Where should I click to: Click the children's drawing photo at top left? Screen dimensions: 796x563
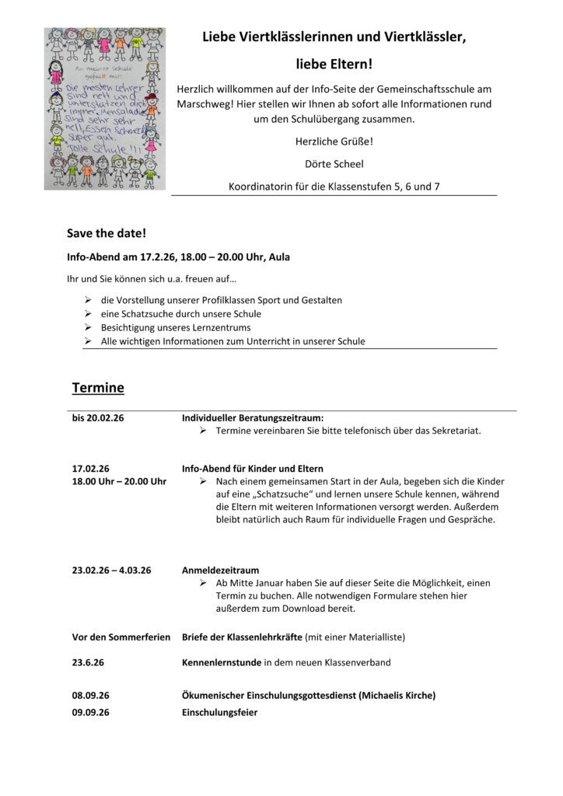point(105,108)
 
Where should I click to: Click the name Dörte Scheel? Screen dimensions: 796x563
point(334,163)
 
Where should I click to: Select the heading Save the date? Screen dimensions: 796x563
point(107,233)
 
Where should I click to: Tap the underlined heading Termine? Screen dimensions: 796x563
point(98,386)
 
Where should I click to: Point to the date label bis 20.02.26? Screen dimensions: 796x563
point(98,418)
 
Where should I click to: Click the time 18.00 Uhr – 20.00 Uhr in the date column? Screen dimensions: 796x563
point(119,482)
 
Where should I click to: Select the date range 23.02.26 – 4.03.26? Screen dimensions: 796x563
point(111,570)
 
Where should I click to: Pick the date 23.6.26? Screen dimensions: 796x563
point(87,662)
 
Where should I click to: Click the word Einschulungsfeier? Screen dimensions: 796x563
point(219,712)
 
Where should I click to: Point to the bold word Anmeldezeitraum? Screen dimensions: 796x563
point(220,570)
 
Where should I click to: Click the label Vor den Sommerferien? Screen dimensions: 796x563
point(121,637)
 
